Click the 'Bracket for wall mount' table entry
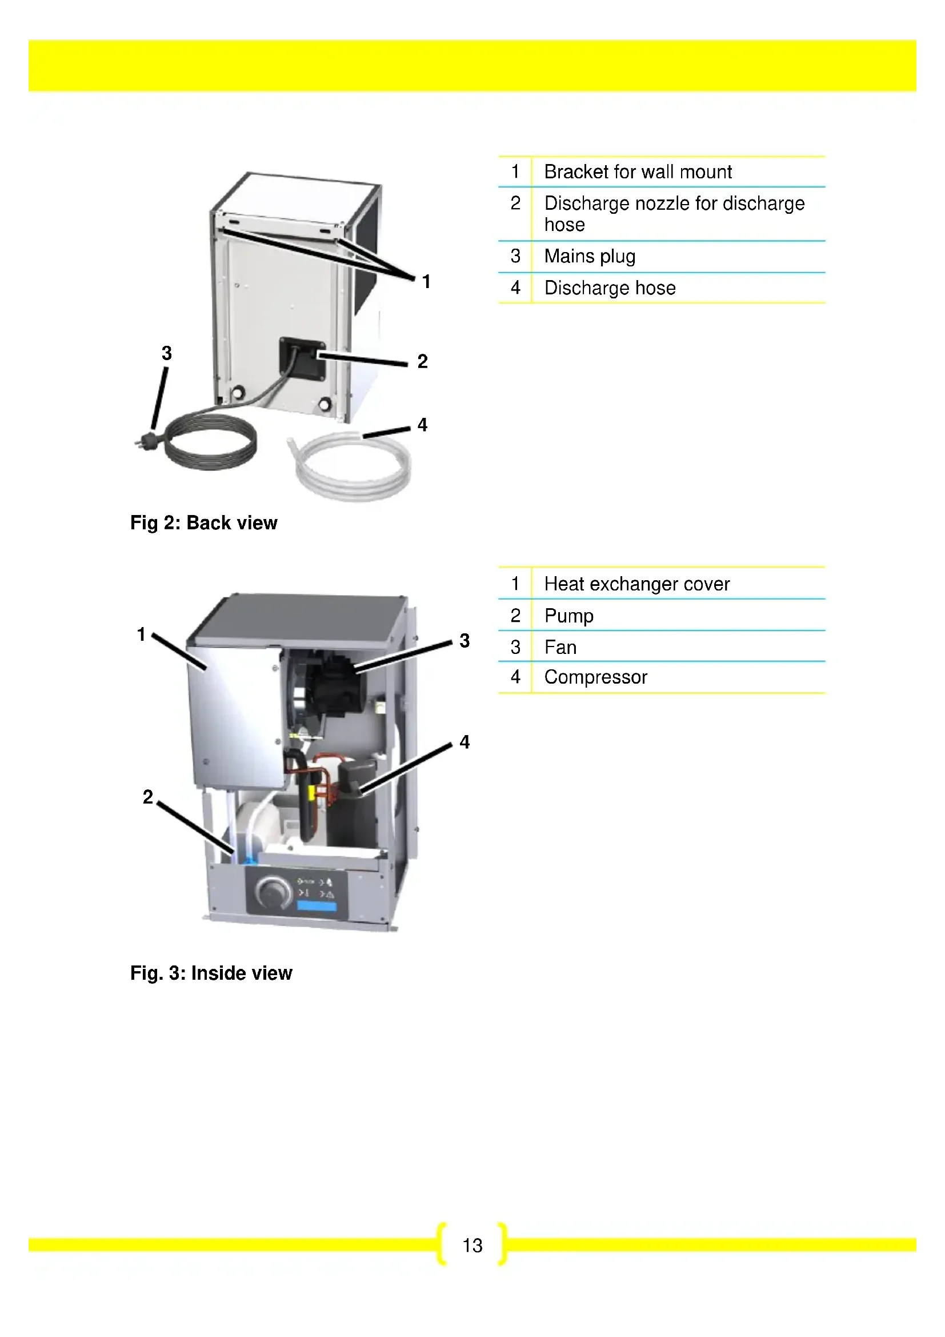[637, 172]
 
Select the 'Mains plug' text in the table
[590, 256]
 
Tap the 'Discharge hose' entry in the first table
[609, 288]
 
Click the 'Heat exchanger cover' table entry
[636, 584]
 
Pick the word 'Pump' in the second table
[568, 616]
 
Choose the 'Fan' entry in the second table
[560, 647]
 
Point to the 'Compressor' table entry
[595, 677]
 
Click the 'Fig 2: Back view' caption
[203, 523]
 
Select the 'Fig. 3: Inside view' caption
[211, 973]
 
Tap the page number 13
[472, 1245]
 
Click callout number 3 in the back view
[167, 353]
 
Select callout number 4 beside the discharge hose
[422, 425]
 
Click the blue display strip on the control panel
[317, 906]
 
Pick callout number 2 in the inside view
[148, 797]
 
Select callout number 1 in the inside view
[141, 634]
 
